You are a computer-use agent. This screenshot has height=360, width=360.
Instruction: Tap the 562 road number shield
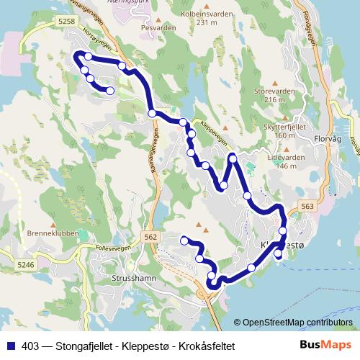tap(150, 237)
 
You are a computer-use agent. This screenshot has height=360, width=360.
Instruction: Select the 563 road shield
tap(308, 207)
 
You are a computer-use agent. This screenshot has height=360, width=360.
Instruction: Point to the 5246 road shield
tap(25, 265)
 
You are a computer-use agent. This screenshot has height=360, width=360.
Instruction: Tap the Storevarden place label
tap(275, 91)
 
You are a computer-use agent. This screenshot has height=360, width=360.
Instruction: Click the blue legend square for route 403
tap(10, 346)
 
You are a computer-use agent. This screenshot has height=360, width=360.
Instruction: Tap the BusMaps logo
tap(325, 346)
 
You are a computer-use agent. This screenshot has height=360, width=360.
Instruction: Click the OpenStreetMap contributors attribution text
tap(296, 323)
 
